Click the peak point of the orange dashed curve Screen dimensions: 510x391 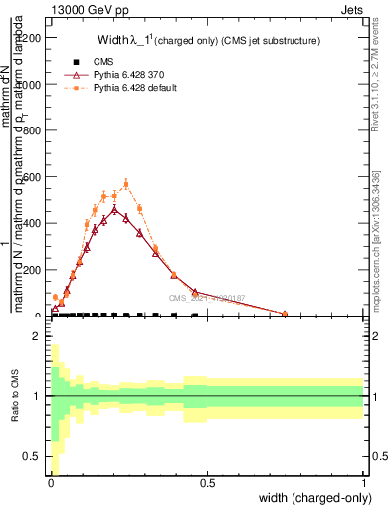126,184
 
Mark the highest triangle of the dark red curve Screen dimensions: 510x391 114,209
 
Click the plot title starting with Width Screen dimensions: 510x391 208,41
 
